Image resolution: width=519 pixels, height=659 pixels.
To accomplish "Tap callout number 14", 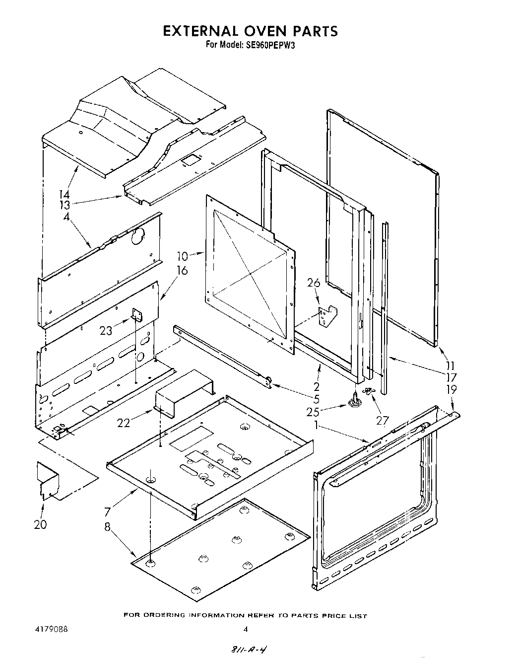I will point(65,195).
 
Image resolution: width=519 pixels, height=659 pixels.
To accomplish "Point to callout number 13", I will point(65,205).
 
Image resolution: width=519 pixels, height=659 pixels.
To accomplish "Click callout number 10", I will point(183,256).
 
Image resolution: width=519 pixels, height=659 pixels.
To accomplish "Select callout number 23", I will point(106,330).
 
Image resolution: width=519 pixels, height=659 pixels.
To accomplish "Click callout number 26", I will point(314,283).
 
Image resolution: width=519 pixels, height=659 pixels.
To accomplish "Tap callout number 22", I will point(124,423).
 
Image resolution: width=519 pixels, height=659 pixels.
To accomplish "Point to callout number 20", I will point(41,524).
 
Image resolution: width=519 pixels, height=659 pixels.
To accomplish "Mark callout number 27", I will point(382,420).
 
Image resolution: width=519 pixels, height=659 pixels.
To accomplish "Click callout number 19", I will point(452,390).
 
